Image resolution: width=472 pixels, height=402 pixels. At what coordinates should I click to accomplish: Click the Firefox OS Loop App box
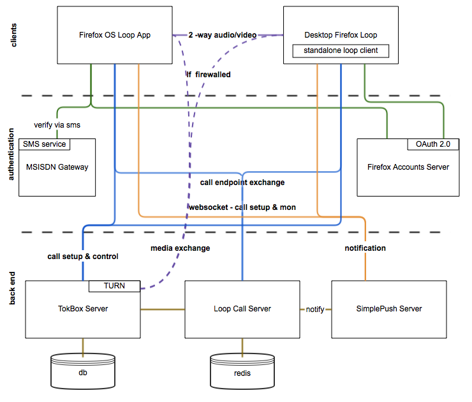click(115, 35)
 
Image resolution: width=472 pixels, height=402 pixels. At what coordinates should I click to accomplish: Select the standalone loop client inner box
click(341, 51)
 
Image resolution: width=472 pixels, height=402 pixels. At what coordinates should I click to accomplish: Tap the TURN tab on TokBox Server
click(114, 286)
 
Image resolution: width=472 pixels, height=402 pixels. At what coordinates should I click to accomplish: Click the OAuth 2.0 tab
click(433, 144)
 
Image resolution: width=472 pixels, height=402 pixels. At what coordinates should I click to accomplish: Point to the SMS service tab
click(44, 144)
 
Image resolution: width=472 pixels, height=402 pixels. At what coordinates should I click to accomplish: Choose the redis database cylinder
click(242, 371)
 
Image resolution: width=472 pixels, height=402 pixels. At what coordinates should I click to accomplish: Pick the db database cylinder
click(83, 371)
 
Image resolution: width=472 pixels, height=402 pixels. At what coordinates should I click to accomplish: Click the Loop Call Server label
click(242, 309)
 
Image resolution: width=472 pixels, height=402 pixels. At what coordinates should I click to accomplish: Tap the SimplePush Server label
click(389, 309)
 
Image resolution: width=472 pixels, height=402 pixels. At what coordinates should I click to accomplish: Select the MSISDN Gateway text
click(57, 167)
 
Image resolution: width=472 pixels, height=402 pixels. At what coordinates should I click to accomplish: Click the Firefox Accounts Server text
click(408, 167)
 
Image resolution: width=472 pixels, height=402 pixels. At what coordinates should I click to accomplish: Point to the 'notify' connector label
click(315, 309)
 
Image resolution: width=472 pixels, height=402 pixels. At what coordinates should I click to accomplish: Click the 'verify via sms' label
click(57, 125)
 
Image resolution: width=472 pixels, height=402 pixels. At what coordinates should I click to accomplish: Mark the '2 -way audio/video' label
click(223, 35)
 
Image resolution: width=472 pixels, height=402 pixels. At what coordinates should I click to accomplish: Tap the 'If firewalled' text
click(209, 75)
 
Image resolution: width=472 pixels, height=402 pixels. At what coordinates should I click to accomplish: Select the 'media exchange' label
click(181, 248)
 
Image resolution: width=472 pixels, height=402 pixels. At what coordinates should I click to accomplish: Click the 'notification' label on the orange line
click(365, 248)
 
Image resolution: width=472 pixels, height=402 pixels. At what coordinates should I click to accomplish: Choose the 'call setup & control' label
click(83, 257)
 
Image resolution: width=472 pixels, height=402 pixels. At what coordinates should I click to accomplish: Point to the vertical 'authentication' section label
click(11, 154)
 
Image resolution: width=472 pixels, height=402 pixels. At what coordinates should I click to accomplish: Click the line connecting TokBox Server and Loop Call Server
click(163, 309)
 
